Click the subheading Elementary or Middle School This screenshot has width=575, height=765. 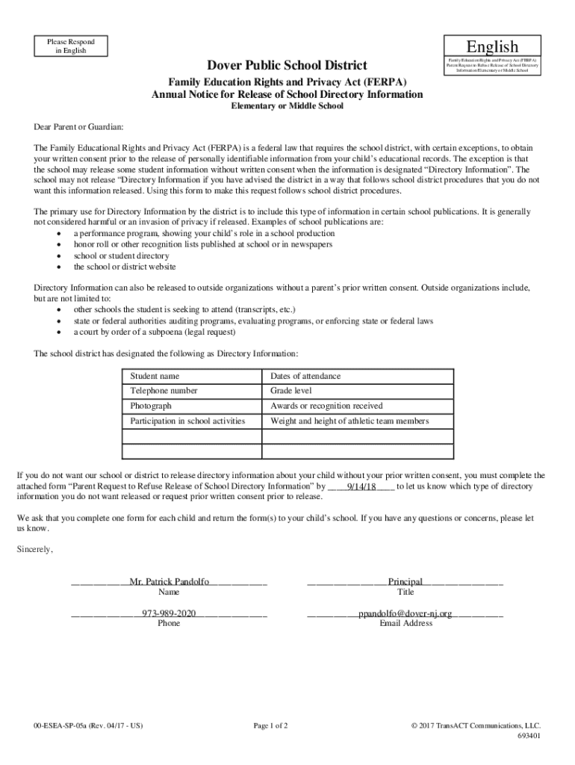coord(287,106)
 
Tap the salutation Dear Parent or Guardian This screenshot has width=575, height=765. coord(79,128)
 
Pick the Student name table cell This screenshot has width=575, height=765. coord(155,376)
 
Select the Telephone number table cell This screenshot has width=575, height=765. coord(164,391)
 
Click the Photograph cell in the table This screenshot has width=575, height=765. coord(151,406)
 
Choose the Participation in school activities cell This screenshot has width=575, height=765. coord(187,421)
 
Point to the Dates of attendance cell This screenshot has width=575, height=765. coord(305,376)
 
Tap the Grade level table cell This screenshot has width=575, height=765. coord(291,391)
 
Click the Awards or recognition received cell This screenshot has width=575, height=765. coord(326,406)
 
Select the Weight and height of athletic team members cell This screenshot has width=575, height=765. coord(349,421)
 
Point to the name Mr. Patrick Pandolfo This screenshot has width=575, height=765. coord(169,581)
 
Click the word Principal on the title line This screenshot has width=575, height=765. coord(405,581)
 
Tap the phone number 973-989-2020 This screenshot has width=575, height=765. coord(169,613)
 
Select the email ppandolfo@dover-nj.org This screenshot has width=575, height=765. coord(405,613)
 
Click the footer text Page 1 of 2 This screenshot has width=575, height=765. coord(270,725)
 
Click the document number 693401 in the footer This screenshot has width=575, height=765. coord(529,735)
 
